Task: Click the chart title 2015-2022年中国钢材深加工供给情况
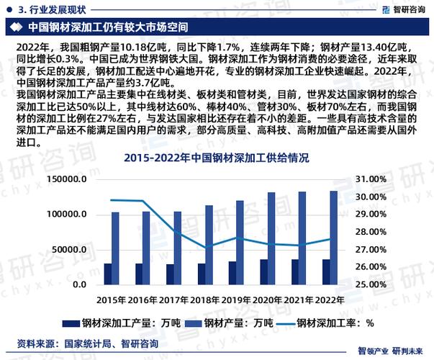pyautogui.click(x=217, y=157)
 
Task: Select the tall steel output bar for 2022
pyautogui.click(x=334, y=237)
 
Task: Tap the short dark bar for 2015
pyautogui.click(x=109, y=274)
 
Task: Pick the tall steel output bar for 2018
pyautogui.click(x=209, y=244)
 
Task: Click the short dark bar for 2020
pyautogui.click(x=264, y=271)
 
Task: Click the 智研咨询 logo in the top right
pyautogui.click(x=399, y=9)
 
